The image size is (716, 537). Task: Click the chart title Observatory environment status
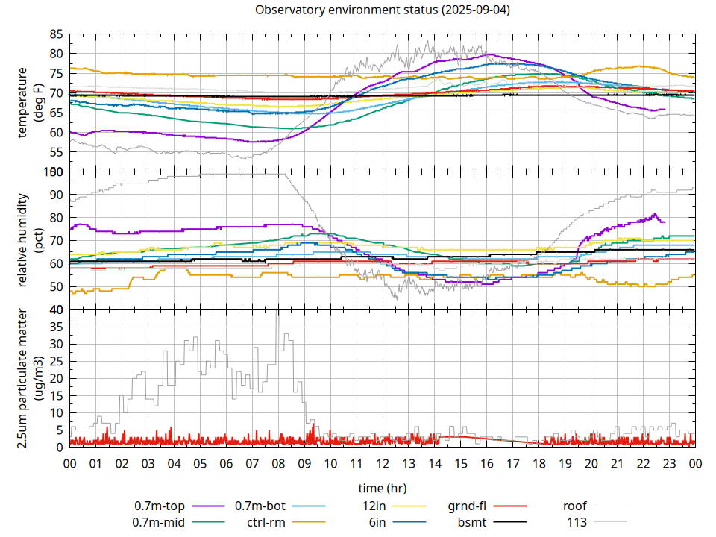click(382, 10)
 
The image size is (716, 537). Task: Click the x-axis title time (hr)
click(382, 489)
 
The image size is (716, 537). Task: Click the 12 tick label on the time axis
click(382, 462)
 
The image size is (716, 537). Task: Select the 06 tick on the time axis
click(226, 462)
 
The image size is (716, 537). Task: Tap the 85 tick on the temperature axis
click(56, 34)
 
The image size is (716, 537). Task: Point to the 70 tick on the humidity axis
click(56, 241)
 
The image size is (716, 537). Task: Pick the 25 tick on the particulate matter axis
click(56, 361)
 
